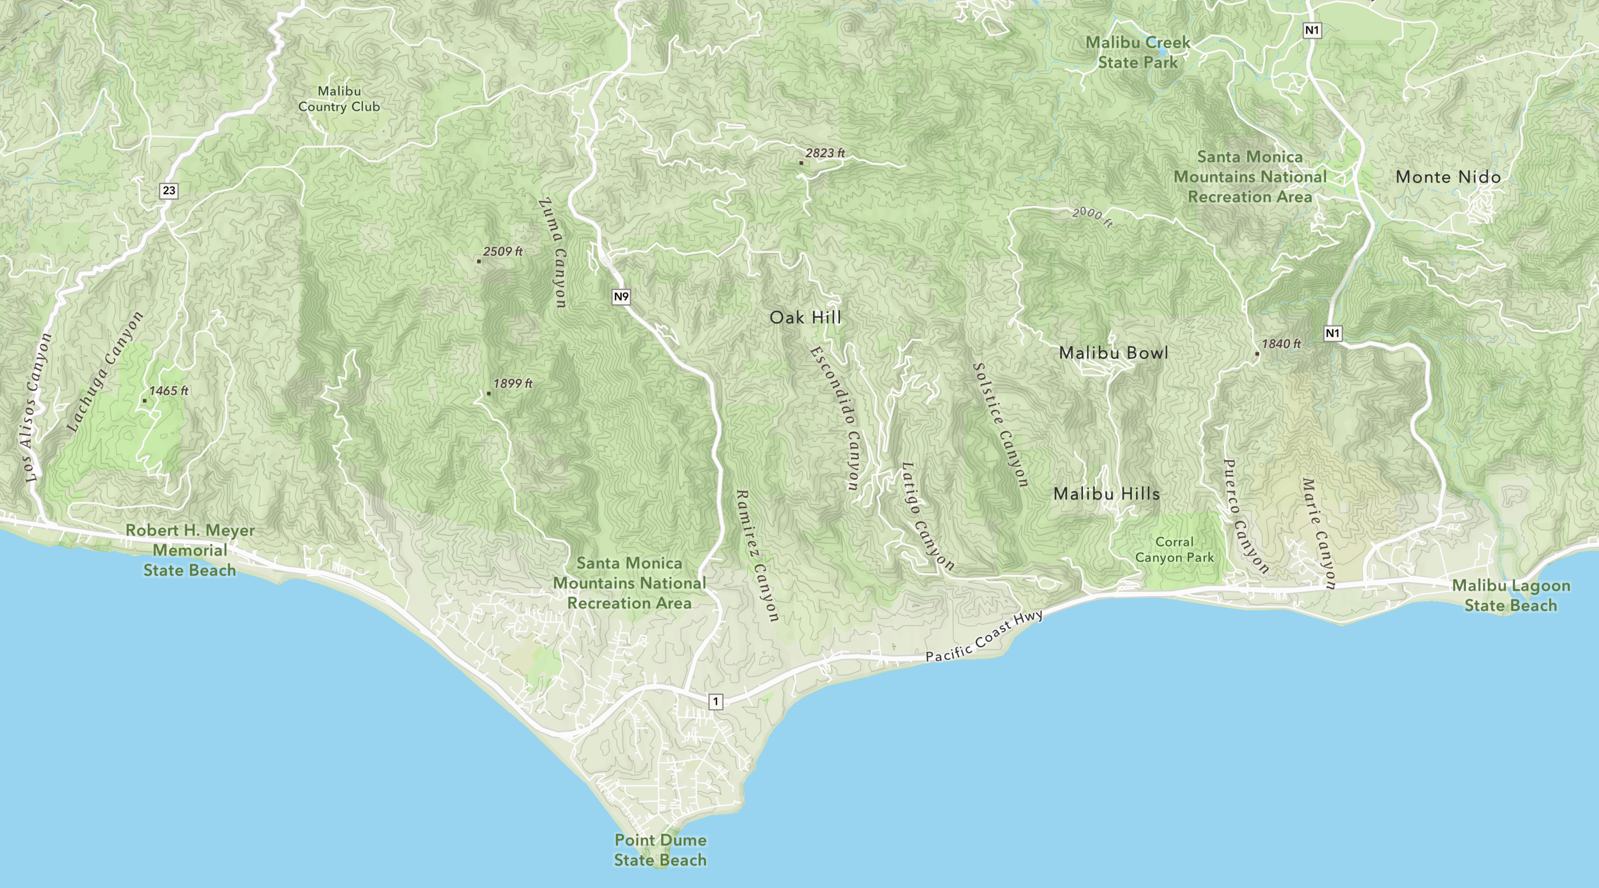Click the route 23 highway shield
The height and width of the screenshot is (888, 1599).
click(168, 190)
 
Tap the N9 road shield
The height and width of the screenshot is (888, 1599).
click(621, 296)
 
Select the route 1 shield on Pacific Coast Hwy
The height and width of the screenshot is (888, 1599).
click(716, 701)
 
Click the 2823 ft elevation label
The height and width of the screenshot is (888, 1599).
click(824, 153)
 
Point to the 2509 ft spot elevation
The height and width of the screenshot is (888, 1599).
click(502, 251)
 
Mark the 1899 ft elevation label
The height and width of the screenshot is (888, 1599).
click(511, 384)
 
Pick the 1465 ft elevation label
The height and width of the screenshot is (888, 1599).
click(168, 391)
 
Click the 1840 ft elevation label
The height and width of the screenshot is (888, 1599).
click(1280, 344)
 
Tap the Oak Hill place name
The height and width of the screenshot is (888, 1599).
click(805, 317)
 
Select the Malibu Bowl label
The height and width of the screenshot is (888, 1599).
click(1114, 352)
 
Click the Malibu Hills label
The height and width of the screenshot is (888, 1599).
click(1107, 494)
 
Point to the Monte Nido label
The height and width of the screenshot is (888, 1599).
click(1448, 177)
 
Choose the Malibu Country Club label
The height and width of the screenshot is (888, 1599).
click(339, 99)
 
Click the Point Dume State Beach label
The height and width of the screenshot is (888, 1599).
click(661, 850)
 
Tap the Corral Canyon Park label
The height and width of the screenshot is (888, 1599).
click(1174, 550)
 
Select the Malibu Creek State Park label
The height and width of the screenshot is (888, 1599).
click(1138, 52)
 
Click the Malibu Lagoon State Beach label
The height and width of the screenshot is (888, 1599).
click(1511, 596)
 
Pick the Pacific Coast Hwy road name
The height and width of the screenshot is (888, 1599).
click(984, 636)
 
